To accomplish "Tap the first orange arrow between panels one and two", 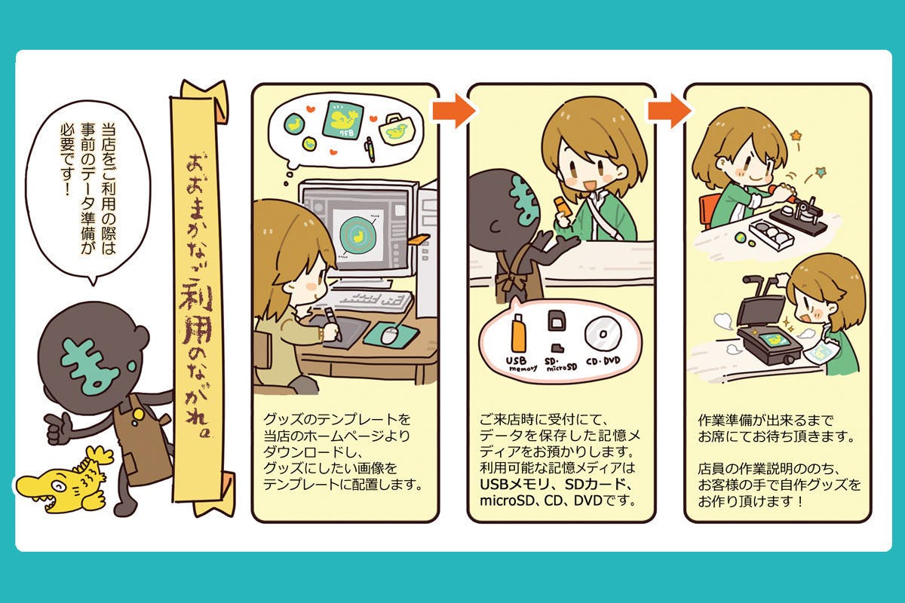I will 453,111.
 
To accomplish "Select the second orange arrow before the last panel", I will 669,111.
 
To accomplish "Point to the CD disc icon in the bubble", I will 600,332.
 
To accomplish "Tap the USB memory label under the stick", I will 519,364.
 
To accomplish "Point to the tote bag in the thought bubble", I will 396,130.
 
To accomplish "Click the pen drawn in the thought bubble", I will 370,149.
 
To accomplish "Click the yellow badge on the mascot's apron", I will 138,412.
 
